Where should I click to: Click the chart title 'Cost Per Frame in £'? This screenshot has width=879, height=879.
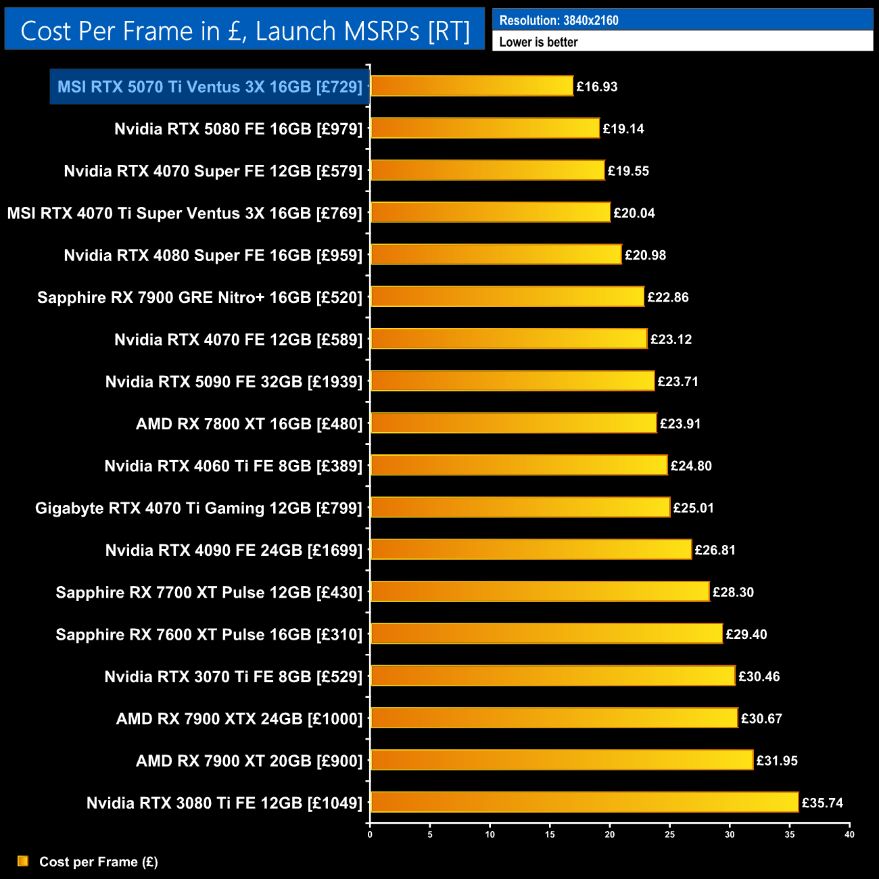tap(245, 31)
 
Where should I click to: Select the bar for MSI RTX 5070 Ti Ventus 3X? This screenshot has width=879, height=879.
tap(471, 86)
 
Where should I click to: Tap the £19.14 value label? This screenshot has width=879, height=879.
tap(623, 128)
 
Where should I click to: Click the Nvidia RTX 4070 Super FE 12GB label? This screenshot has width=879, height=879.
tap(213, 171)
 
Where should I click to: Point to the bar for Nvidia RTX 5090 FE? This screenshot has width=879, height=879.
tap(512, 381)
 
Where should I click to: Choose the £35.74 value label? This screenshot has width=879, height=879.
tap(822, 803)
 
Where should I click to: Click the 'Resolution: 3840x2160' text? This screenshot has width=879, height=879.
tap(559, 20)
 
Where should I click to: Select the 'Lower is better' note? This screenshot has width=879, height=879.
tap(538, 42)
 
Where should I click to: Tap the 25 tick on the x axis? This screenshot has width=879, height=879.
tap(669, 834)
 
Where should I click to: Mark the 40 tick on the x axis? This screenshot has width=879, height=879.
tap(849, 834)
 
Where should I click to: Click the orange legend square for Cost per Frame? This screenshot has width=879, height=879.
tap(23, 861)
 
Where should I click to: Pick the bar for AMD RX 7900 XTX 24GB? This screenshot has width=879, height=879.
tap(554, 718)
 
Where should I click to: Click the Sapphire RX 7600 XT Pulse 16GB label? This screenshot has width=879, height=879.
tap(209, 634)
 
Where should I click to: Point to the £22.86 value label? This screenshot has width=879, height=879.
tap(668, 297)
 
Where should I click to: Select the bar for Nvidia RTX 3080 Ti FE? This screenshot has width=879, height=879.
tap(584, 802)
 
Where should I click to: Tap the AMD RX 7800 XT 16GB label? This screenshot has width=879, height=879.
tap(249, 424)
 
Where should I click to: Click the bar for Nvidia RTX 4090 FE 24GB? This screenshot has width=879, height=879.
tap(531, 549)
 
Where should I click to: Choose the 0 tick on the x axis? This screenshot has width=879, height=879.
tap(370, 834)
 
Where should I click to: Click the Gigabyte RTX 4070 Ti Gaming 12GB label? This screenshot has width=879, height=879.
tap(199, 508)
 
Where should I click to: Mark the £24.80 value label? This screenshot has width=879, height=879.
tap(691, 465)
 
